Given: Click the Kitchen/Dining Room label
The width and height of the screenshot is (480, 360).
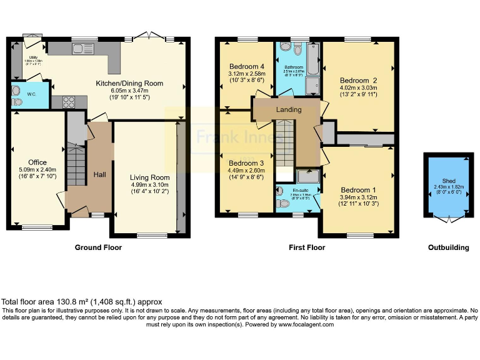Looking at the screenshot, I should [129, 83].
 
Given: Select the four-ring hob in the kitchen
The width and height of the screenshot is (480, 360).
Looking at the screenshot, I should [69, 102].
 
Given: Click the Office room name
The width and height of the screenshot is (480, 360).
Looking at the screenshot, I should [37, 162].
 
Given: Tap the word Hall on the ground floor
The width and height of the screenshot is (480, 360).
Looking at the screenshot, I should [99, 174].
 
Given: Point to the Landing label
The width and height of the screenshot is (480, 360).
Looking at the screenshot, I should [289, 109].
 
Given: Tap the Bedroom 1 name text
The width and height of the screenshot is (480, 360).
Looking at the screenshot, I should [358, 190].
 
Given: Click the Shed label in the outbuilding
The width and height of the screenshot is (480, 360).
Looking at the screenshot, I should [449, 181].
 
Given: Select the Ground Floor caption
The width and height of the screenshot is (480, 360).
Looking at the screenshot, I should [98, 247].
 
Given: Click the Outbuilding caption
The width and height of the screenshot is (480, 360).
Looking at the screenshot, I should [448, 247].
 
